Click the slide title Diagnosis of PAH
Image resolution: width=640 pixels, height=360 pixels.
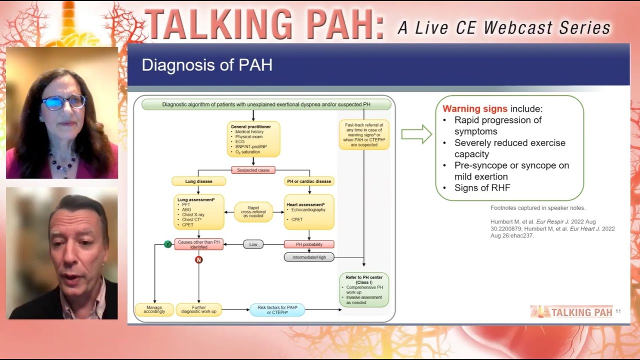pyautogui.click(x=207, y=65)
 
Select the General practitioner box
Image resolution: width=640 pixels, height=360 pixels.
pyautogui.click(x=253, y=139)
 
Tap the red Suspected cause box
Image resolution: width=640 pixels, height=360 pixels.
pyautogui.click(x=253, y=170)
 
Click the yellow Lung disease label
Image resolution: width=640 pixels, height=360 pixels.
pyautogui.click(x=198, y=181)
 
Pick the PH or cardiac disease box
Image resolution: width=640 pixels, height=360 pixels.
pyautogui.click(x=309, y=181)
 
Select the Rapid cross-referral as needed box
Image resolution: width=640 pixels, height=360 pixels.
pyautogui.click(x=253, y=212)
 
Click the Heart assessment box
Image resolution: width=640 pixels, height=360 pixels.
pyautogui.click(x=309, y=212)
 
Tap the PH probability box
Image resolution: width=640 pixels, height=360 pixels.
pyautogui.click(x=309, y=244)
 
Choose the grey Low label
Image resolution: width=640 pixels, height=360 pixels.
pyautogui.click(x=253, y=244)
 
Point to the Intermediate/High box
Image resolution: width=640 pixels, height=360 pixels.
pyautogui.click(x=309, y=257)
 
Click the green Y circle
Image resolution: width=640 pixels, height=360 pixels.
pyautogui.click(x=168, y=244)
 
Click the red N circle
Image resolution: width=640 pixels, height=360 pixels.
pyautogui.click(x=198, y=259)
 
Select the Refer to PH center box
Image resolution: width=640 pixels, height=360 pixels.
pyautogui.click(x=364, y=289)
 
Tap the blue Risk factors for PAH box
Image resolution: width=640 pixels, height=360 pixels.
pyautogui.click(x=276, y=309)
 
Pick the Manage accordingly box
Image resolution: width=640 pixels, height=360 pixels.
pyautogui.click(x=154, y=309)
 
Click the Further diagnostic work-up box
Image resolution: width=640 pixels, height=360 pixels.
pyautogui.click(x=198, y=309)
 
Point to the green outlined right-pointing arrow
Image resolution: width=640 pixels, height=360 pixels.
pyautogui.click(x=416, y=134)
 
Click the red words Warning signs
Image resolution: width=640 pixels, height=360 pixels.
pyautogui.click(x=474, y=108)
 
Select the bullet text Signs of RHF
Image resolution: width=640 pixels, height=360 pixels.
pyautogui.click(x=482, y=188)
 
